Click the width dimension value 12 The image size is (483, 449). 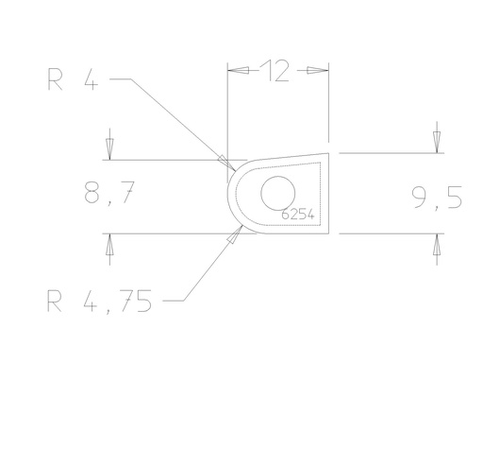275,71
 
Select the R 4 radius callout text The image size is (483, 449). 73,79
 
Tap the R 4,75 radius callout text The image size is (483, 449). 99,302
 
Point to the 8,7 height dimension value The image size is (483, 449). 109,193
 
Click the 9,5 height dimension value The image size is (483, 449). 437,198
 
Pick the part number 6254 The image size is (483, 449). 298,215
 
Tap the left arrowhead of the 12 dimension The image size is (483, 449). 238,70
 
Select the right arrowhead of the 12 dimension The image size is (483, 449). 318,70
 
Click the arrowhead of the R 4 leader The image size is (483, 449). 226,163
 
